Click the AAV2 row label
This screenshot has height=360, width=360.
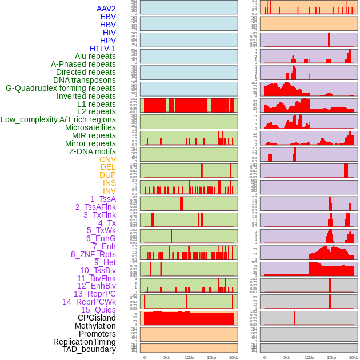pyautogui.click(x=106, y=9)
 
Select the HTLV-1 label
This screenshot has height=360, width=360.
pyautogui.click(x=103, y=49)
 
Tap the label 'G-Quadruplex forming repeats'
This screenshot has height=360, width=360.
pyautogui.click(x=61, y=88)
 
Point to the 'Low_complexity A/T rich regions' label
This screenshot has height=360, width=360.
pyautogui.click(x=58, y=119)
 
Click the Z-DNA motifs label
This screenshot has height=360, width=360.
pyautogui.click(x=92, y=151)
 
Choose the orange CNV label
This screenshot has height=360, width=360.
pyautogui.click(x=107, y=159)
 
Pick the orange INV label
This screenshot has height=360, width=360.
pyautogui.click(x=109, y=191)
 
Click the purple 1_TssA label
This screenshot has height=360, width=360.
pyautogui.click(x=103, y=199)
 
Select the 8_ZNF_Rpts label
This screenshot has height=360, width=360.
pyautogui.click(x=93, y=254)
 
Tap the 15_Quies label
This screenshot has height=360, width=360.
pyautogui.click(x=98, y=310)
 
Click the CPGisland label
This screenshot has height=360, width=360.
pyautogui.click(x=97, y=318)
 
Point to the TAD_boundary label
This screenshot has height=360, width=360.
pyautogui.click(x=89, y=349)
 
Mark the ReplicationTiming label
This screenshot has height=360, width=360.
pyautogui.click(x=85, y=342)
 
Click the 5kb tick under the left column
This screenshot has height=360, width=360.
pyautogui.click(x=167, y=357)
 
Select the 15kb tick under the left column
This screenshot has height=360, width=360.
pyautogui.click(x=211, y=357)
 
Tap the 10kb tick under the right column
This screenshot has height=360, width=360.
pyautogui.click(x=309, y=357)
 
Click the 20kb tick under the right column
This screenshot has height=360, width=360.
pyautogui.click(x=354, y=357)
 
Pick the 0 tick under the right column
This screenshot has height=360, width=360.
pyautogui.click(x=264, y=357)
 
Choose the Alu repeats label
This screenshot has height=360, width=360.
pyautogui.click(x=95, y=56)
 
